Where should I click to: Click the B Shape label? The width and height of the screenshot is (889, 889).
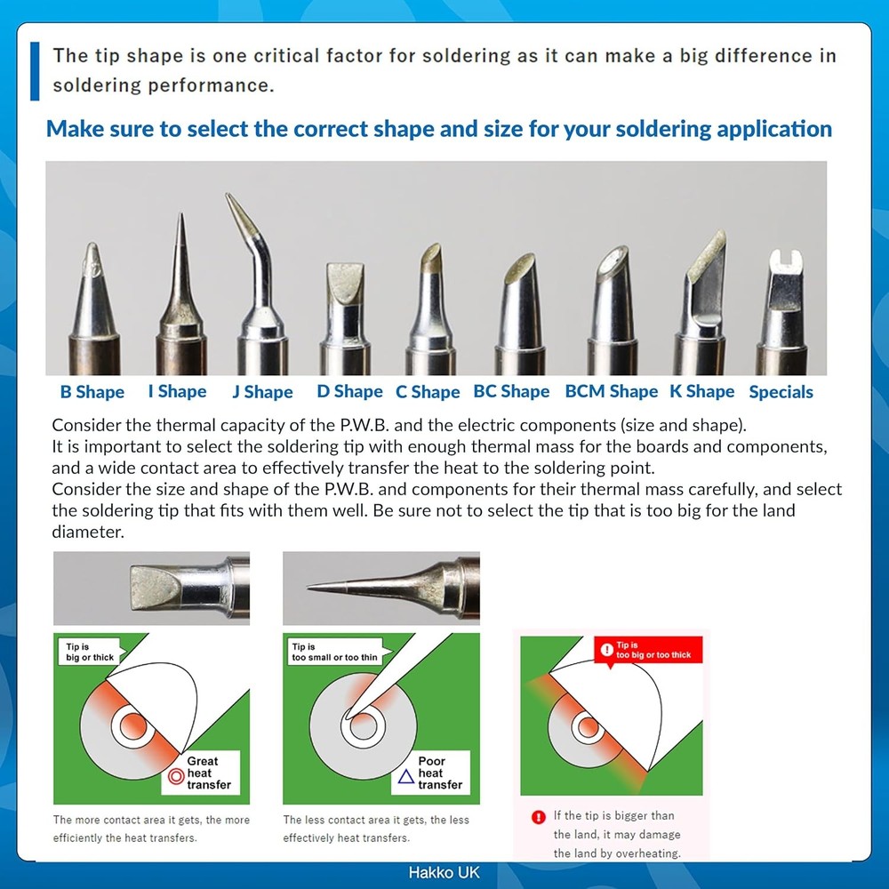pos(92,392)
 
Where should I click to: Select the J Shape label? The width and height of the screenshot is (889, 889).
pos(262,392)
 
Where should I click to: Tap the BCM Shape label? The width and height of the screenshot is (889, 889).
pos(612,392)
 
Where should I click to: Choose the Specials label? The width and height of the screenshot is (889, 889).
pos(781,392)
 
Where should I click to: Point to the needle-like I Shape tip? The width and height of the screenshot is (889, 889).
pos(181,284)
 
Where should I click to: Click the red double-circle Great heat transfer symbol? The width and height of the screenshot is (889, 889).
pos(174,777)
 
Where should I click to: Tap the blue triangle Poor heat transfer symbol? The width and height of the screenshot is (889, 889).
pos(405,777)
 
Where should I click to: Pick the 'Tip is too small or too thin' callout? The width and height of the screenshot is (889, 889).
pos(333,652)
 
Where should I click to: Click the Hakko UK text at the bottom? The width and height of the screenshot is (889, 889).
pos(444,873)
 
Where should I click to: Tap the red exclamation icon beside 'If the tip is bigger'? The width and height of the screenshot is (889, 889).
pos(538,816)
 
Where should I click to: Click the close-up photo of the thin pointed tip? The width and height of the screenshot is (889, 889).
pos(380,588)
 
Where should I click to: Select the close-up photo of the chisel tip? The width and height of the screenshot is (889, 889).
pos(151,588)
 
